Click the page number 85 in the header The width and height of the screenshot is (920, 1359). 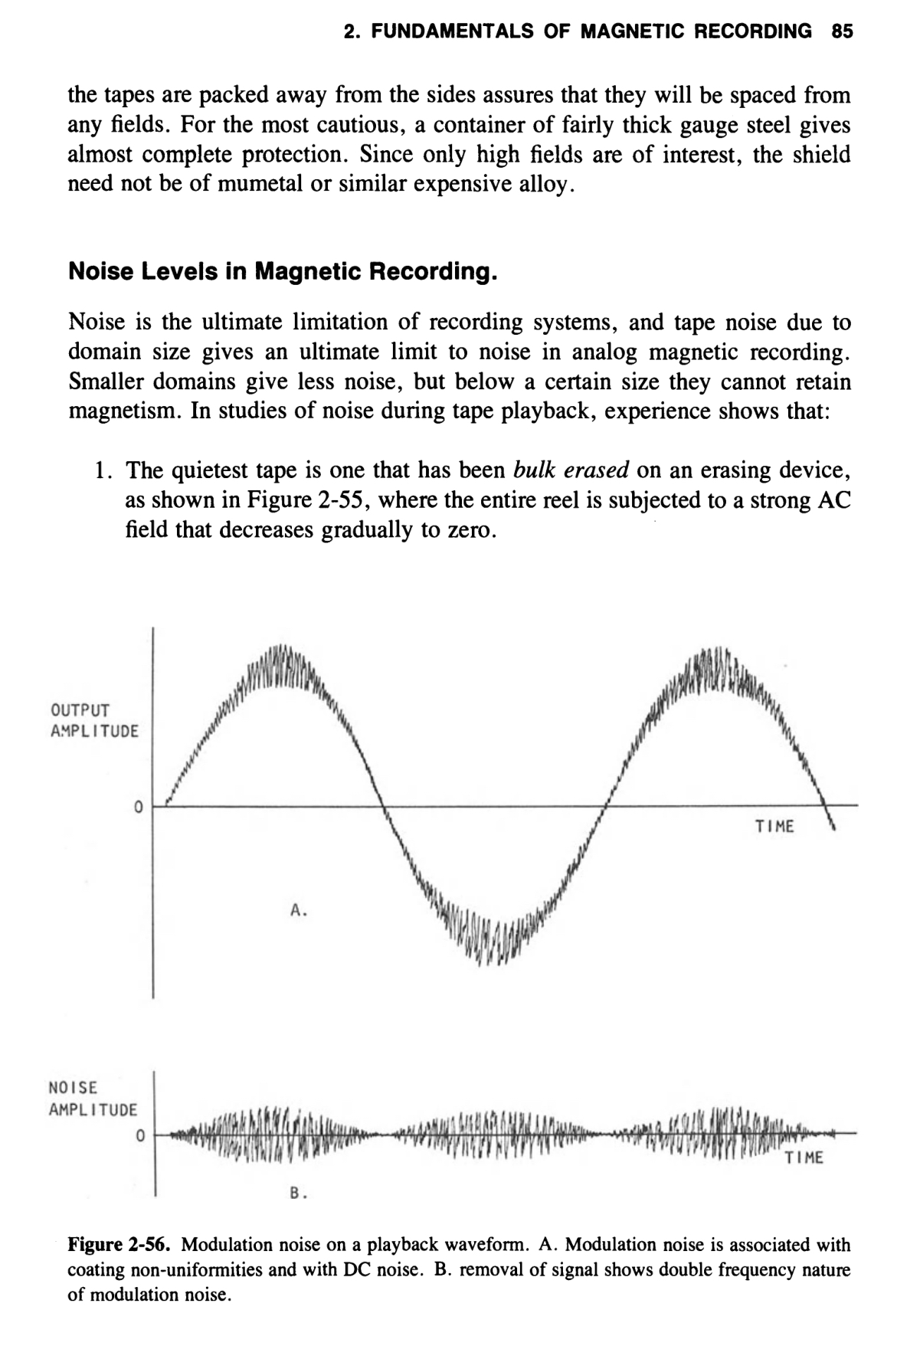pyautogui.click(x=841, y=31)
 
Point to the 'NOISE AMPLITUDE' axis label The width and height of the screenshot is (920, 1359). pyautogui.click(x=93, y=1098)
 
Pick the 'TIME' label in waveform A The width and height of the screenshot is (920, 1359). pyautogui.click(x=774, y=827)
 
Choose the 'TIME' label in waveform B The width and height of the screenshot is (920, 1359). pyautogui.click(x=804, y=1158)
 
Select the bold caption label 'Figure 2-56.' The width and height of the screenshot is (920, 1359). pyautogui.click(x=121, y=1243)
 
